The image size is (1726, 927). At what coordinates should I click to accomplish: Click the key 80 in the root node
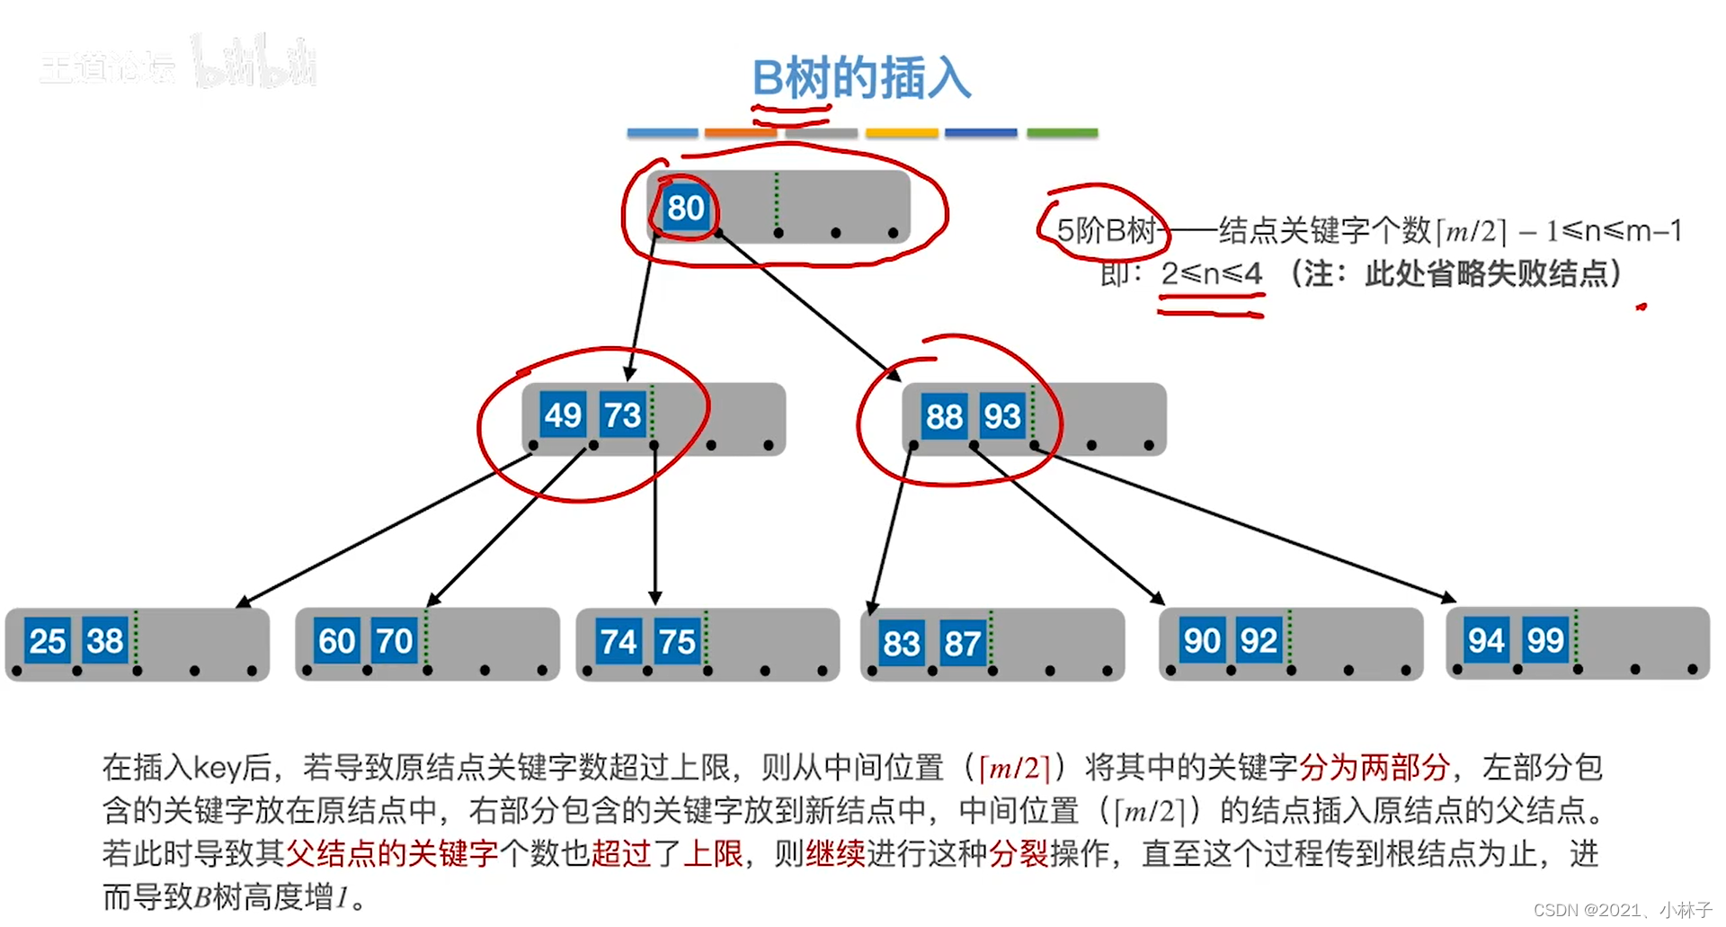tap(685, 209)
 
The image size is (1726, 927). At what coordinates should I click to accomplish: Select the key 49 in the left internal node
tap(563, 415)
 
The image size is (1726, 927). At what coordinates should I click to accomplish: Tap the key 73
tap(622, 415)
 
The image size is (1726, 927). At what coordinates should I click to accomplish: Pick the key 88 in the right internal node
tap(944, 417)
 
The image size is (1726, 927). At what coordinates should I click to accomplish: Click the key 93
tap(1001, 417)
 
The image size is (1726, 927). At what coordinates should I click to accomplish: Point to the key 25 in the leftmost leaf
tap(47, 641)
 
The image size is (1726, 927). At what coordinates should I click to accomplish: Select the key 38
tap(105, 641)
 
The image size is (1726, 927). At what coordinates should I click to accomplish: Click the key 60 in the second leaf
tap(337, 642)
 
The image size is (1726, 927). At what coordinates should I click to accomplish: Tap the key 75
tap(677, 642)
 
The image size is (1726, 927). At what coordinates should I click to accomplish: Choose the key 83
tap(901, 644)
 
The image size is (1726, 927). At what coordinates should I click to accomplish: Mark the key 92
tap(1259, 641)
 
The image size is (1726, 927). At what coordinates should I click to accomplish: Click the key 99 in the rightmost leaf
tap(1545, 641)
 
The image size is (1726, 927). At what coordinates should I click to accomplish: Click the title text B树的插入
tap(861, 78)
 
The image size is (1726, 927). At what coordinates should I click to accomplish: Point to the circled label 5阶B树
tap(1105, 231)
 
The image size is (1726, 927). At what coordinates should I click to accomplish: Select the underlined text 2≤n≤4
tap(1211, 273)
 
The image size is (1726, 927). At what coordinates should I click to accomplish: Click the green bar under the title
tap(1062, 133)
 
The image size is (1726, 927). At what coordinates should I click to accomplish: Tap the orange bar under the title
tap(740, 133)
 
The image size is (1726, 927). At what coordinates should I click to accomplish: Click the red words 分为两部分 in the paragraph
tap(1375, 768)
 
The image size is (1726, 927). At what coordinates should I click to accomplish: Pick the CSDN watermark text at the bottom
tap(1622, 910)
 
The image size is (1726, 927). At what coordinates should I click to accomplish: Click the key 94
tap(1486, 641)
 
